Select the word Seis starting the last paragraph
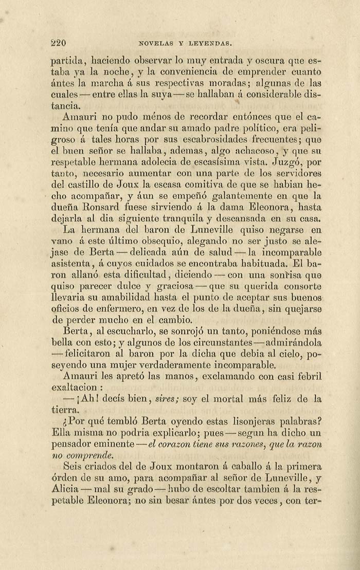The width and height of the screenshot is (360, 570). (x=72, y=467)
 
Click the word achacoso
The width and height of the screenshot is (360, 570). (x=250, y=151)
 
